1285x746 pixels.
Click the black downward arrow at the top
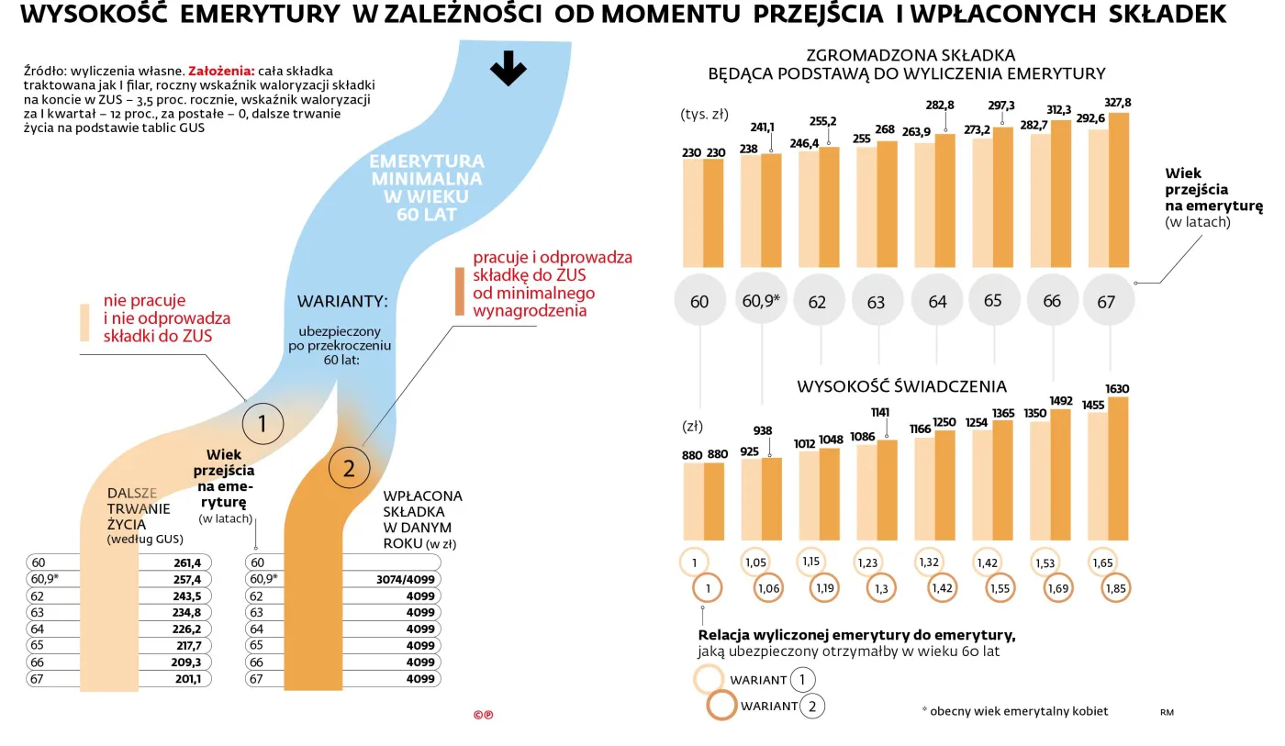(508, 70)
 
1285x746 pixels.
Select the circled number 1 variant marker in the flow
(262, 423)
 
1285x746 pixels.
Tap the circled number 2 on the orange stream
(348, 469)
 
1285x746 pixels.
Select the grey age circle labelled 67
(1106, 300)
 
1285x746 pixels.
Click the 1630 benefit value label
(1119, 388)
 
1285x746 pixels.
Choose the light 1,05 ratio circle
(755, 562)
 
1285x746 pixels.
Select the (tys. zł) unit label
(704, 115)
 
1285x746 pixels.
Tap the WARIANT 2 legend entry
(766, 706)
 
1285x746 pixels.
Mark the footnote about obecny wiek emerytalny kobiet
(1014, 711)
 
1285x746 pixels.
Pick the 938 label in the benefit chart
(762, 430)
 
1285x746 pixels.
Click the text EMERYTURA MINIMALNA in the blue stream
(427, 170)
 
